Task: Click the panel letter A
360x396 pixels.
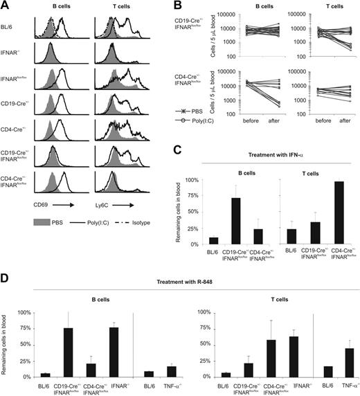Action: tap(6, 6)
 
